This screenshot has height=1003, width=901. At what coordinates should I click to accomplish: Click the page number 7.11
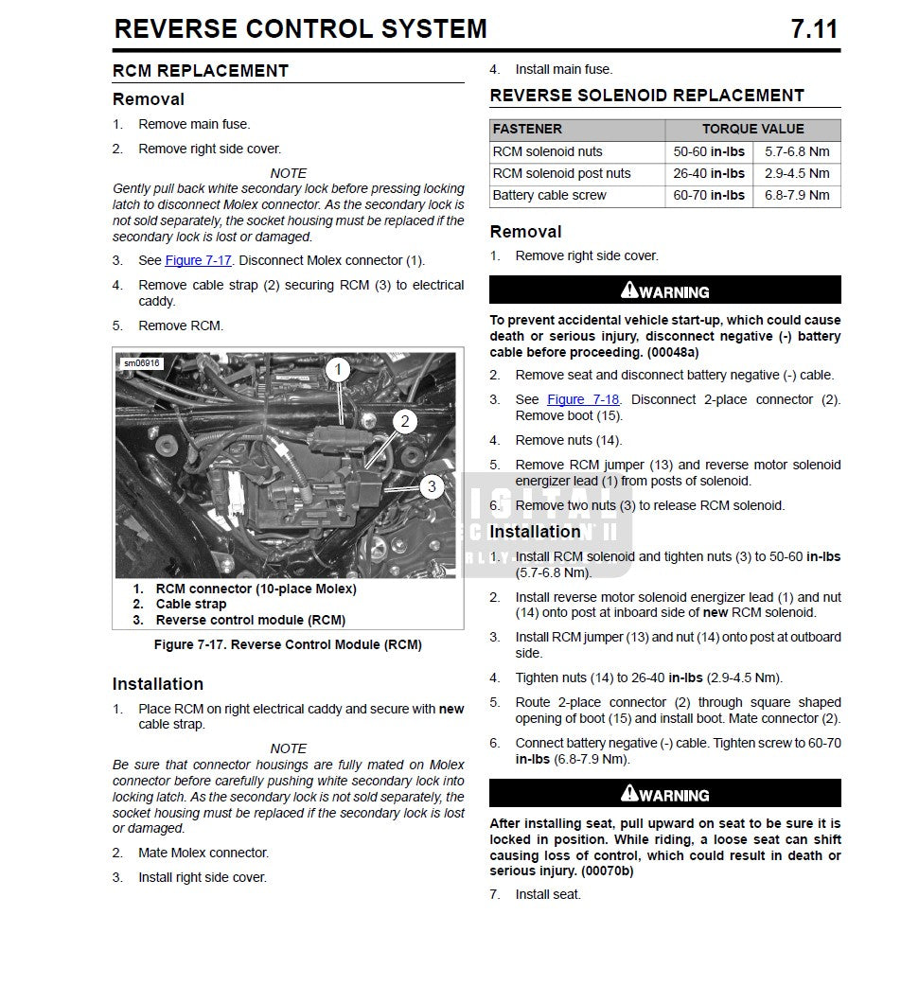tap(814, 29)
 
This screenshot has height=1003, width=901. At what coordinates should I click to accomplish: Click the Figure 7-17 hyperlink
tap(198, 260)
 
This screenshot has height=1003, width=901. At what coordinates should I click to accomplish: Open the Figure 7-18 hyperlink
tap(579, 399)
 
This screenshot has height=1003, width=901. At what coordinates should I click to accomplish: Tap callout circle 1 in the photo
tap(339, 369)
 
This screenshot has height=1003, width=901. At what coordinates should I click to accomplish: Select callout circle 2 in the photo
tap(405, 421)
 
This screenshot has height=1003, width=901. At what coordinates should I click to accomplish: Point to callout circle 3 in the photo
tap(432, 486)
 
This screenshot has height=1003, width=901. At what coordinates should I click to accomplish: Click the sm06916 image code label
tap(143, 362)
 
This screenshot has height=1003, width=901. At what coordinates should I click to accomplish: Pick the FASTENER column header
tap(527, 129)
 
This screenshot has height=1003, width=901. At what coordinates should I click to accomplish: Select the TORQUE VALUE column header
tap(752, 129)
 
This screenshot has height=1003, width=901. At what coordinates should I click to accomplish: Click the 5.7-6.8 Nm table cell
tap(797, 151)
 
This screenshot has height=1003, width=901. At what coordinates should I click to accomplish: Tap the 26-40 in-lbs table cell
tap(709, 173)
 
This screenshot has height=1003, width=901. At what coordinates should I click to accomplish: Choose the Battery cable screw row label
tap(549, 195)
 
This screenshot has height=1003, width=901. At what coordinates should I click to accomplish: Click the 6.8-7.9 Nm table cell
tap(797, 195)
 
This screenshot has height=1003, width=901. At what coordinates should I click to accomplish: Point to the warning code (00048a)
tap(672, 352)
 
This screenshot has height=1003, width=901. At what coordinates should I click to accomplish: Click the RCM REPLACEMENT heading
tap(201, 71)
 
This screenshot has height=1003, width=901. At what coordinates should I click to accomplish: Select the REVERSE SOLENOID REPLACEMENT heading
tap(646, 96)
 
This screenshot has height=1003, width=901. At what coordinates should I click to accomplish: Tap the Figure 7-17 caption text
tap(288, 645)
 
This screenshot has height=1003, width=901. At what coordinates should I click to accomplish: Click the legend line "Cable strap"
tap(191, 604)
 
